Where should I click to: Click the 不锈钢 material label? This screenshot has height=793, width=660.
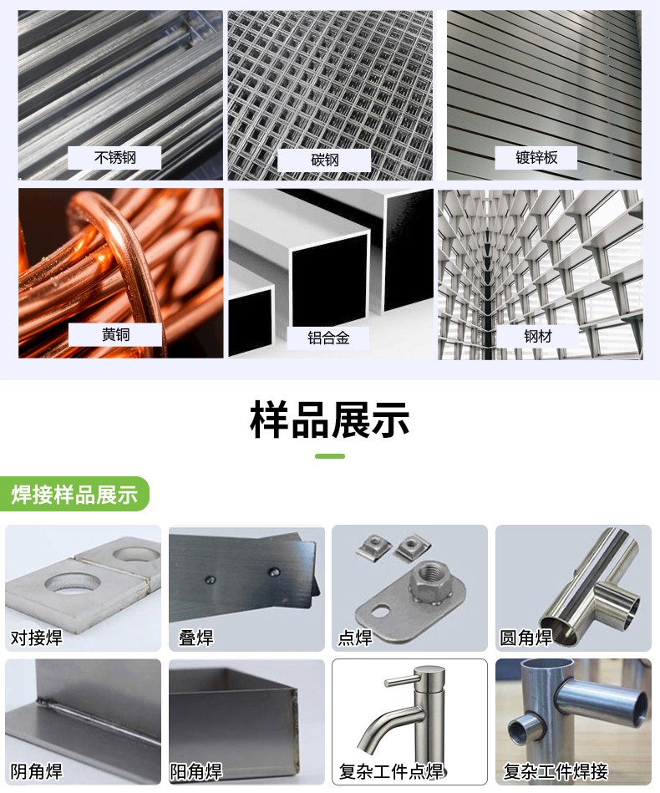pyautogui.click(x=114, y=157)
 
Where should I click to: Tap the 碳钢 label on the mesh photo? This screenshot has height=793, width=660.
pyautogui.click(x=324, y=160)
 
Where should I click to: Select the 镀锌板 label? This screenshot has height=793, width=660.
pyautogui.click(x=536, y=157)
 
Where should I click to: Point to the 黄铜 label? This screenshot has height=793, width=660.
pyautogui.click(x=114, y=334)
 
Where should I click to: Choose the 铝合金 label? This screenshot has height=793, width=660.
pyautogui.click(x=328, y=338)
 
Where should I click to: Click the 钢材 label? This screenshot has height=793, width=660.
pyautogui.click(x=538, y=336)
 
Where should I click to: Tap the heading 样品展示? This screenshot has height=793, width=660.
pyautogui.click(x=329, y=419)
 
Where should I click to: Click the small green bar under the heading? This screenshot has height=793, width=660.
pyautogui.click(x=329, y=456)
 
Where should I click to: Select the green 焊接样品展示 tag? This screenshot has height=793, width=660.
pyautogui.click(x=74, y=494)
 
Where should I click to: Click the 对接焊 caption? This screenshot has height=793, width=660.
pyautogui.click(x=37, y=638)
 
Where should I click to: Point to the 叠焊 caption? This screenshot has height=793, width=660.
pyautogui.click(x=196, y=638)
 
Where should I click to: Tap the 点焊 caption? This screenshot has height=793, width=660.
pyautogui.click(x=355, y=638)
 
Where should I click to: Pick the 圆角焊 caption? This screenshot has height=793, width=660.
pyautogui.click(x=525, y=638)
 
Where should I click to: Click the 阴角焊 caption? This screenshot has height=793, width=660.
pyautogui.click(x=37, y=770)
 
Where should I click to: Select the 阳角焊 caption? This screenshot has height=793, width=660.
pyautogui.click(x=196, y=770)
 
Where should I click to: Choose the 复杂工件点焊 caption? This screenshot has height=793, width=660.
pyautogui.click(x=391, y=770)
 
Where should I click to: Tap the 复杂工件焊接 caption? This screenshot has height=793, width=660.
pyautogui.click(x=555, y=770)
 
